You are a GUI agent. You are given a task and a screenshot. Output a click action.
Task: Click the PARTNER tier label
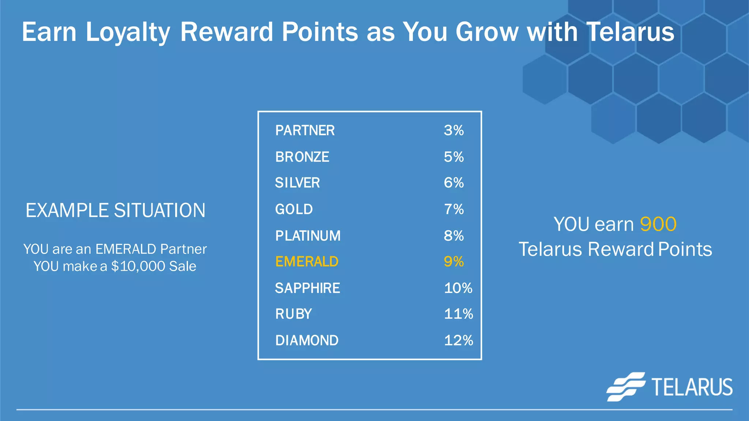click(x=305, y=130)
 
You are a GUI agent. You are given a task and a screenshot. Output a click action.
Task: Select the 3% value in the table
click(x=453, y=130)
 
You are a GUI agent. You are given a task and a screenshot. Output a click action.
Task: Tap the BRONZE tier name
click(x=302, y=157)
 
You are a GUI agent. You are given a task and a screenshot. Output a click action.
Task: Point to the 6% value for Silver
click(x=453, y=183)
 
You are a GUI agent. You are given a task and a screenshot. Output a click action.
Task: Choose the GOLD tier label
click(x=294, y=209)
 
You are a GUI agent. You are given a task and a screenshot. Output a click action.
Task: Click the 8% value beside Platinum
click(x=453, y=236)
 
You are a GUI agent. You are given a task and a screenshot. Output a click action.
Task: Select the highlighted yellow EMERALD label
click(x=307, y=262)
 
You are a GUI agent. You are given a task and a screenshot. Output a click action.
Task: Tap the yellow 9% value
click(x=453, y=262)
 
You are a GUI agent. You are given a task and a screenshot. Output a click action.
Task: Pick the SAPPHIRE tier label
click(x=307, y=288)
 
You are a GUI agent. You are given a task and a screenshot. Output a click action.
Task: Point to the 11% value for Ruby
click(x=458, y=314)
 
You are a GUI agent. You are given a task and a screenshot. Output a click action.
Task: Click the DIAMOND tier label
click(x=307, y=341)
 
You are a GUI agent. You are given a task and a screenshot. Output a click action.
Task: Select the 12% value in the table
click(x=458, y=341)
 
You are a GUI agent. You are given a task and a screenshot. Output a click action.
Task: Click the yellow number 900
click(x=658, y=224)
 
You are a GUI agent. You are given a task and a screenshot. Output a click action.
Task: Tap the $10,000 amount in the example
click(x=138, y=266)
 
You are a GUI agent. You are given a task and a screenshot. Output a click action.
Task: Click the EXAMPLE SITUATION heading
click(x=115, y=210)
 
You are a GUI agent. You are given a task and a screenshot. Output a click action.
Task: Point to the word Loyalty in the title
click(x=128, y=32)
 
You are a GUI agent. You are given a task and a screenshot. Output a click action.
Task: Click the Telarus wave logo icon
click(x=626, y=387)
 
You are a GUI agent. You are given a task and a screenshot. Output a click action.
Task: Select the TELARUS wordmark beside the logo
click(x=692, y=387)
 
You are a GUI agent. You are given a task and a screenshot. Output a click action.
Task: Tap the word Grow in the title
click(x=487, y=32)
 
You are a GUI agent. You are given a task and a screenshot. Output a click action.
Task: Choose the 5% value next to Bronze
click(x=453, y=157)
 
